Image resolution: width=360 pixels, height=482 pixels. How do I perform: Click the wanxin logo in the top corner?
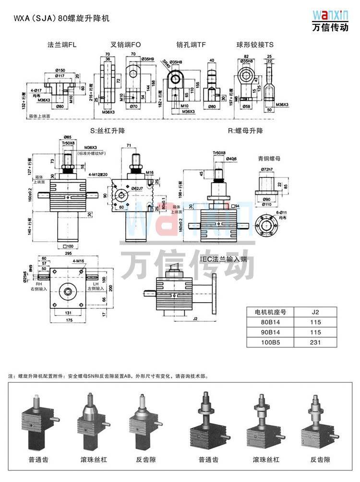[x=329, y=20]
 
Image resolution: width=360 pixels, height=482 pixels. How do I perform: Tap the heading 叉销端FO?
[x=126, y=45]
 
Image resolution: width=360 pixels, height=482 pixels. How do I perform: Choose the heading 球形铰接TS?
[x=255, y=45]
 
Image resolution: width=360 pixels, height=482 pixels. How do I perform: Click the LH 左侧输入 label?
[x=95, y=286]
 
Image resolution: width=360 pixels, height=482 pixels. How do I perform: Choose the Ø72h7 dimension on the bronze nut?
[x=267, y=170]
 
